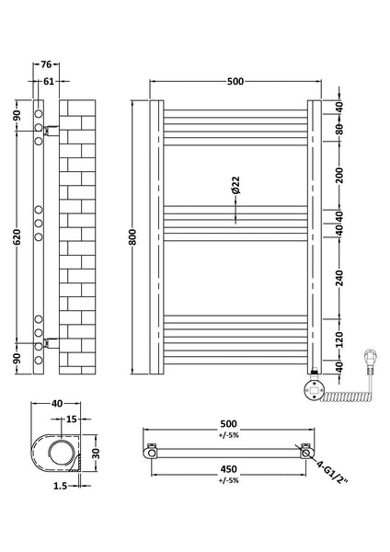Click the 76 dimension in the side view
[46, 64]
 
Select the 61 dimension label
[46, 82]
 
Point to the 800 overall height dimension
[134, 236]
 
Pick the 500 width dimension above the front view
[235, 82]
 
